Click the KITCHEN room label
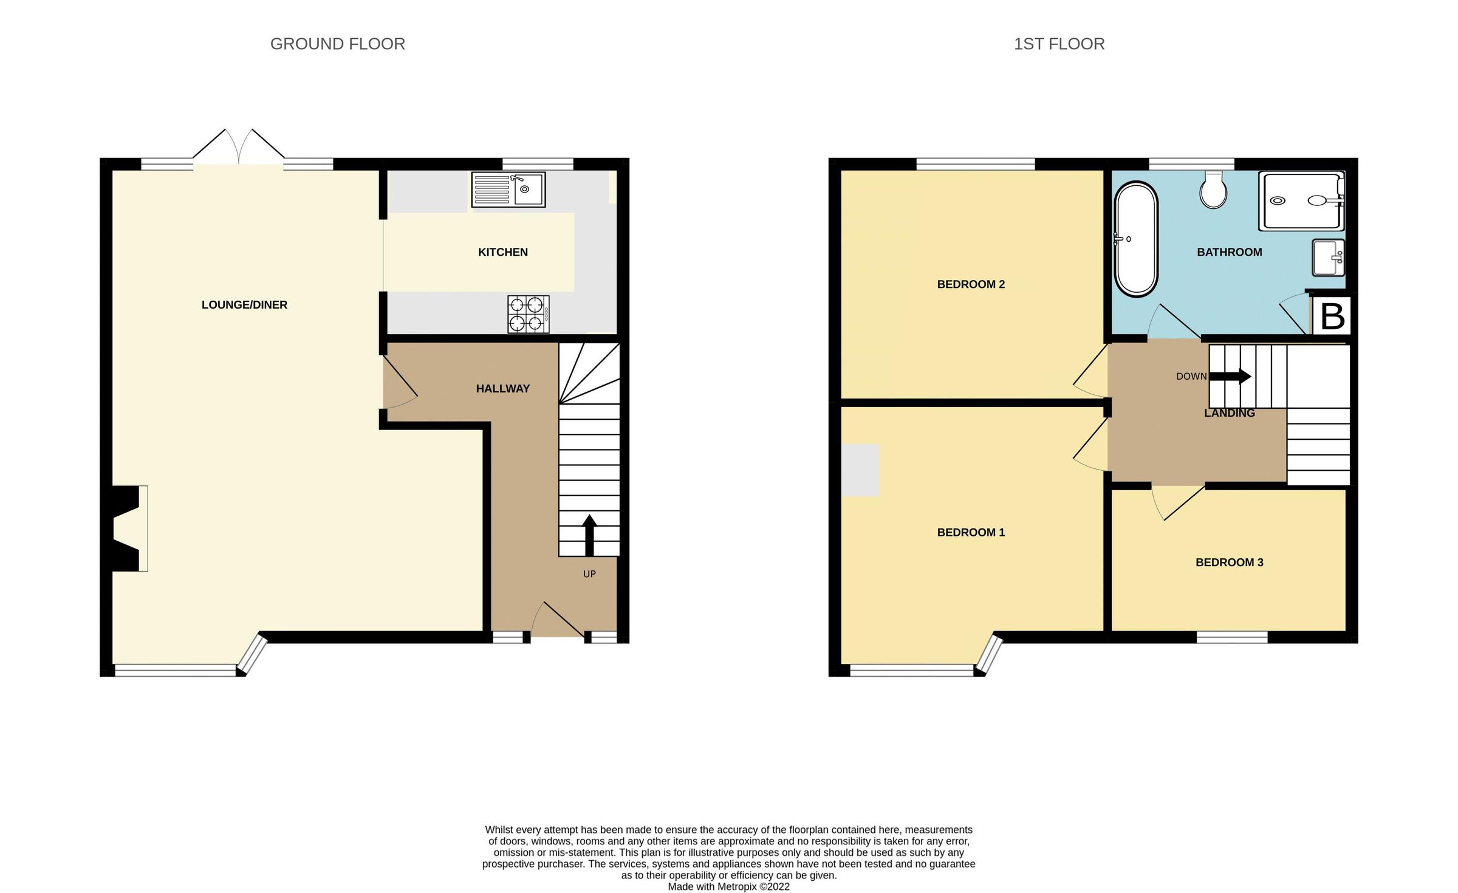(x=502, y=252)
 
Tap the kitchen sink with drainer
(x=508, y=190)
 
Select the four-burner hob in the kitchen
(x=528, y=314)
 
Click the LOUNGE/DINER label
(x=244, y=305)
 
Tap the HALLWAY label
(x=502, y=389)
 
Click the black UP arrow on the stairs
(x=589, y=535)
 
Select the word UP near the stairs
(x=589, y=574)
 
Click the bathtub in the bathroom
(x=1135, y=239)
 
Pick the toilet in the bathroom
(x=1213, y=190)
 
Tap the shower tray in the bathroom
(x=1301, y=201)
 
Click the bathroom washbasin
(x=1328, y=258)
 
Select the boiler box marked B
(x=1332, y=316)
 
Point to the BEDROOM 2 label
(x=971, y=284)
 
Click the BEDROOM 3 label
(x=1229, y=563)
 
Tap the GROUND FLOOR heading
(x=337, y=44)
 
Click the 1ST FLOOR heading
(x=1059, y=44)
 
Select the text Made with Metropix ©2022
(x=728, y=887)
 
